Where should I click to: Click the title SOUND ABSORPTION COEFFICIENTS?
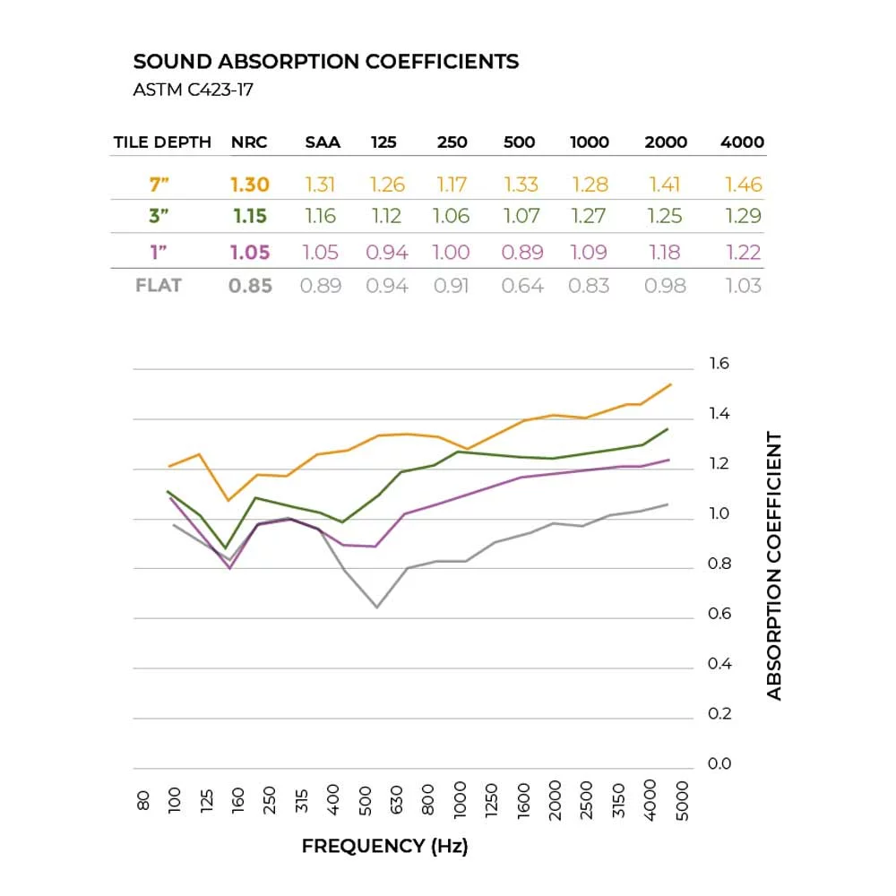point(326,62)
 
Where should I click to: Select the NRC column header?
point(249,142)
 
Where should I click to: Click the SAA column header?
point(323,142)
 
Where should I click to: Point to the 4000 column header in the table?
point(742,142)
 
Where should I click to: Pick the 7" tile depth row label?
point(160,185)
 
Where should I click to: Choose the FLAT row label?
point(159,286)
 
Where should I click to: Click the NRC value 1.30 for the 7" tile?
point(250,185)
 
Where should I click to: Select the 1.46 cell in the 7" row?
point(743,185)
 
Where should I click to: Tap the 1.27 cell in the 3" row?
point(589,216)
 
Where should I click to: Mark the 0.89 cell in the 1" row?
point(521,252)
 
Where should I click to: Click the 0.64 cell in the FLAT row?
point(521,286)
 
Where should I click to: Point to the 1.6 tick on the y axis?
point(719,364)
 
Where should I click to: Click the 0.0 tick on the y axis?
point(719,763)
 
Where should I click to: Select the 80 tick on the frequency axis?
point(144,800)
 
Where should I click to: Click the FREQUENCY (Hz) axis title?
point(384,846)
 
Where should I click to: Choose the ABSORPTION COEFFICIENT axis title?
point(774,566)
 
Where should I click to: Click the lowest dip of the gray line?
point(377,607)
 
